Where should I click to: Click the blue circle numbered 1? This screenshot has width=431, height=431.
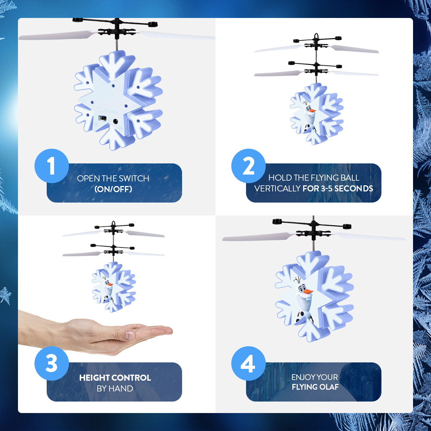click(x=51, y=166)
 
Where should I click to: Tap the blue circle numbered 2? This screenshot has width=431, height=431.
click(x=248, y=166)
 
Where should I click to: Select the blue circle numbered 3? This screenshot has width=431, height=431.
click(x=51, y=363)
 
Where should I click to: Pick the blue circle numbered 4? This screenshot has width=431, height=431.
click(x=248, y=363)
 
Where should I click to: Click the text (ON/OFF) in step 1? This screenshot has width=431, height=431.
click(x=113, y=189)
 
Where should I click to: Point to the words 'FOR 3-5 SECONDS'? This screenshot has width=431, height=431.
click(x=338, y=189)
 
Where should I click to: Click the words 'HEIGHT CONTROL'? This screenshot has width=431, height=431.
click(x=115, y=378)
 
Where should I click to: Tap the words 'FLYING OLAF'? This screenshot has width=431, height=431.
click(x=315, y=387)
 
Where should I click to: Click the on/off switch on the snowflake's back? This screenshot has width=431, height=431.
click(x=103, y=118)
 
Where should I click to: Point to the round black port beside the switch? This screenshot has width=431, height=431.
click(x=115, y=121)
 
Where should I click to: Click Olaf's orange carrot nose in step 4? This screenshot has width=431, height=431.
click(x=308, y=292)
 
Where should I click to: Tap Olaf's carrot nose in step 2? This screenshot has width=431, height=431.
click(x=312, y=111)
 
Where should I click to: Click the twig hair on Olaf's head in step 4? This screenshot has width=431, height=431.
click(x=297, y=279)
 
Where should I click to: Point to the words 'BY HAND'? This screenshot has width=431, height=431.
click(x=115, y=389)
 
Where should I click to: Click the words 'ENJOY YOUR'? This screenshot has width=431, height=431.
click(x=315, y=377)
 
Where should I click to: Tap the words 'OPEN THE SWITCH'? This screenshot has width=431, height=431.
click(x=113, y=179)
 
